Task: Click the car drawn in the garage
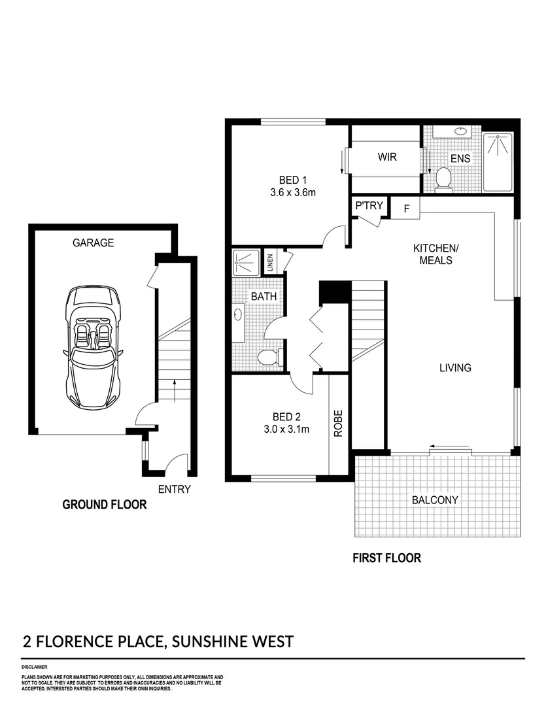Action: pyautogui.click(x=93, y=346)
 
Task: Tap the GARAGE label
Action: pyautogui.click(x=93, y=243)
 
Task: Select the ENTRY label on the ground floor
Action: pyautogui.click(x=174, y=489)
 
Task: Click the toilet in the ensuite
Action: pyautogui.click(x=444, y=178)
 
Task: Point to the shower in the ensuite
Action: pyautogui.click(x=498, y=161)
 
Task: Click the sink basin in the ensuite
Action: pyautogui.click(x=460, y=131)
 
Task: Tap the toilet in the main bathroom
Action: pyautogui.click(x=268, y=357)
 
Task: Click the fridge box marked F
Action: pyautogui.click(x=406, y=209)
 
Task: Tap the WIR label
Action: pyautogui.click(x=387, y=158)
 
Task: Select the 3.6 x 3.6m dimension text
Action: pyautogui.click(x=293, y=193)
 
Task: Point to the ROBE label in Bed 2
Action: pyautogui.click(x=339, y=423)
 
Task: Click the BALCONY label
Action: pyautogui.click(x=435, y=500)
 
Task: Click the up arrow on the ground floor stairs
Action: pyautogui.click(x=175, y=391)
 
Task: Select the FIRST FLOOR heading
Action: pyautogui.click(x=386, y=558)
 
